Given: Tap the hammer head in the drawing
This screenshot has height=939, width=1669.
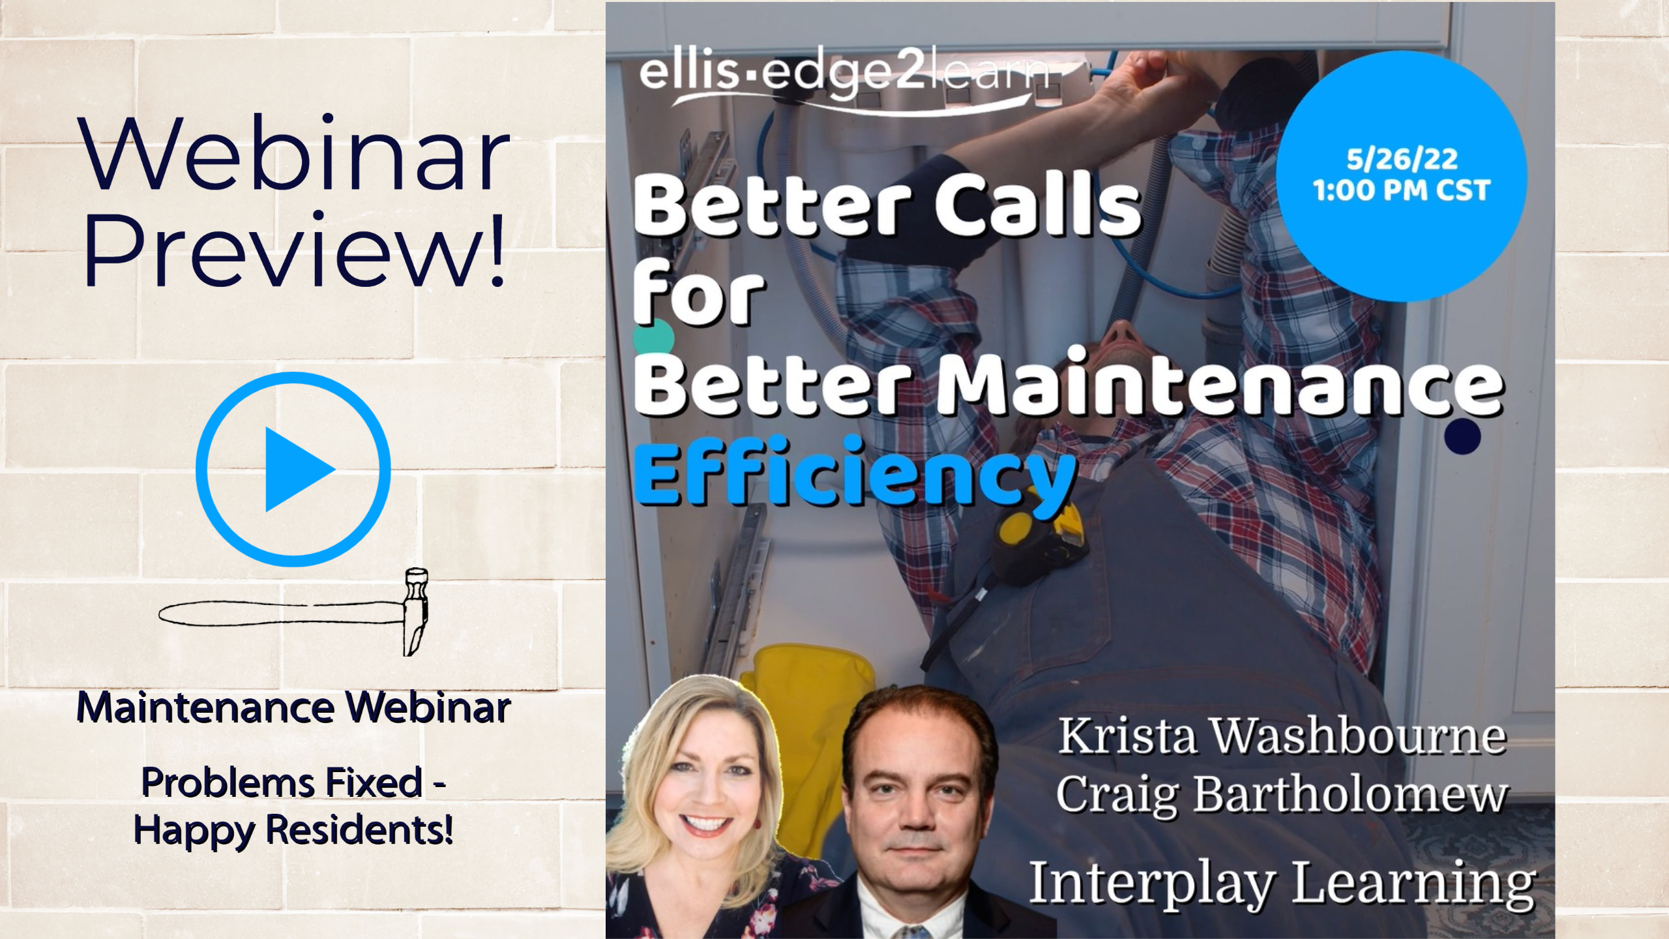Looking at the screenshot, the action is (x=415, y=612).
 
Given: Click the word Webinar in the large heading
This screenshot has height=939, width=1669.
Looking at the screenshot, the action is (x=294, y=153).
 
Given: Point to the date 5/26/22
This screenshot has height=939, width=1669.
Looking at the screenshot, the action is (x=1402, y=159).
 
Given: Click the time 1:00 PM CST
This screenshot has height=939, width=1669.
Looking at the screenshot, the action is (x=1402, y=190).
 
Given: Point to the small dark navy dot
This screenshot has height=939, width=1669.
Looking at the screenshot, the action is (x=1462, y=436).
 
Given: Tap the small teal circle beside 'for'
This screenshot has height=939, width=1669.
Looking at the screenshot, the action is (x=653, y=338).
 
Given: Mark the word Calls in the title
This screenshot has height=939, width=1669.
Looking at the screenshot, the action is (x=1039, y=203).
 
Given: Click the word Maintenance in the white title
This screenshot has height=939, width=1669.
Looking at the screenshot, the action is (x=1220, y=383).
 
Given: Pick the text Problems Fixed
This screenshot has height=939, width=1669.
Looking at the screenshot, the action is (x=282, y=782).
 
